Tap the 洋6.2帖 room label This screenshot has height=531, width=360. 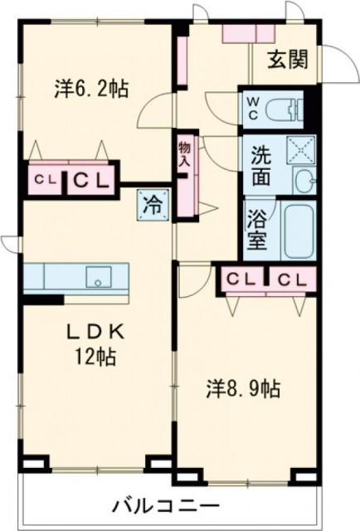91,89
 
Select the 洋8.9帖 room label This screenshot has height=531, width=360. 242,387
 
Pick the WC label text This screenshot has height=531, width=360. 251,108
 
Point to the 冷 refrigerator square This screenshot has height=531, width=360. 153,202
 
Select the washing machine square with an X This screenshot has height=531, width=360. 298,149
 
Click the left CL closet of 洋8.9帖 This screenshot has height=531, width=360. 241,279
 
